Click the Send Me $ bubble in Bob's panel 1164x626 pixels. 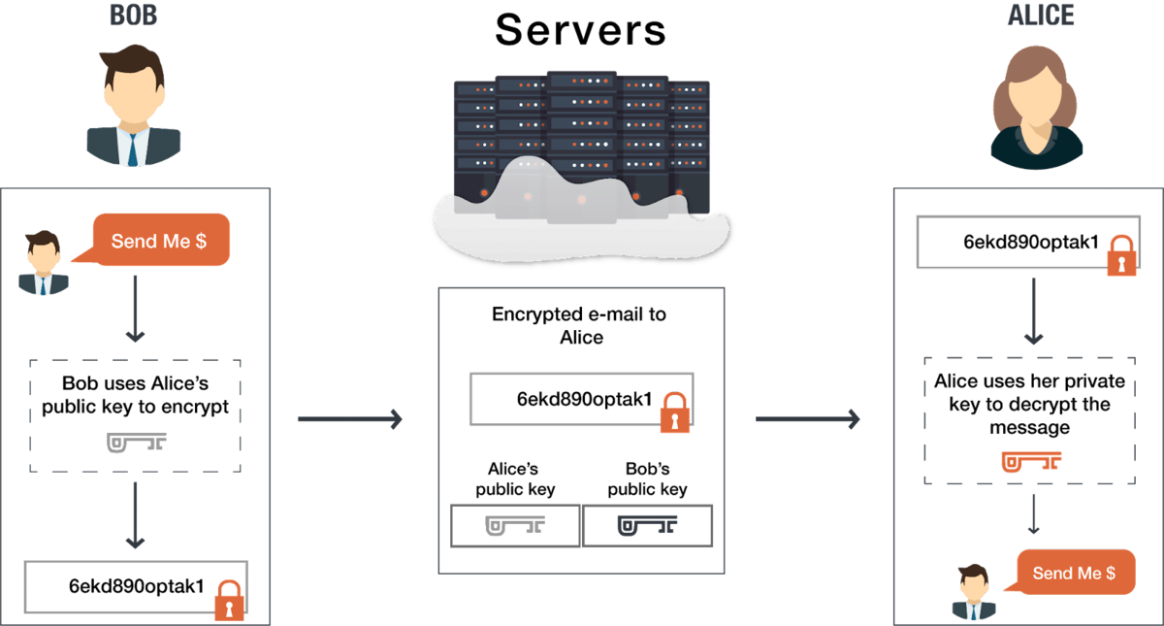(160, 241)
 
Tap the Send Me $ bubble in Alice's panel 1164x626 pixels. (1074, 573)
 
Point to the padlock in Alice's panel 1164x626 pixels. (1121, 255)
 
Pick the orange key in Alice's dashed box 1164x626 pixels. (1030, 460)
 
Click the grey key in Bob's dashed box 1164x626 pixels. (136, 442)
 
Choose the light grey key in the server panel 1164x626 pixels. (515, 525)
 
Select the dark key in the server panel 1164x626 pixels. (648, 525)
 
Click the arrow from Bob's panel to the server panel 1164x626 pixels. (350, 418)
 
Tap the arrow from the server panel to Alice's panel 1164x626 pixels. (808, 418)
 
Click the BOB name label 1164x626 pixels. (133, 15)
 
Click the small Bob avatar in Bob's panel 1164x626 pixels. (43, 263)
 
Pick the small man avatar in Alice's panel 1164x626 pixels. (973, 592)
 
